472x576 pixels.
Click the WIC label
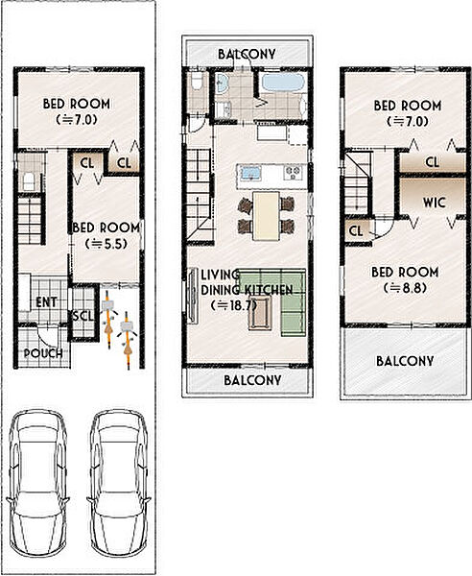point(435,203)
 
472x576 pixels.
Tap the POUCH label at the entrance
point(43,353)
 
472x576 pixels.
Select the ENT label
point(46,302)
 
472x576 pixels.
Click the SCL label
point(83,316)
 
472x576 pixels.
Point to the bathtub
point(283,82)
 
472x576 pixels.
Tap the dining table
point(267,216)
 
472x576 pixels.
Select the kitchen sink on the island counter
point(250,173)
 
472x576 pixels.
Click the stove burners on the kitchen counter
point(294,172)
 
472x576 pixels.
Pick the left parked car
point(37,484)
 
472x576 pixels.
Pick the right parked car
point(119,484)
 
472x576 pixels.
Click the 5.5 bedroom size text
point(106,244)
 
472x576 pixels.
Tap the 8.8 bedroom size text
point(405,288)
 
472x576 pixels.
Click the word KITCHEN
point(269,290)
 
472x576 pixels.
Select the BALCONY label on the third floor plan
point(405,361)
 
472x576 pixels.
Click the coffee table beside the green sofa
point(260,313)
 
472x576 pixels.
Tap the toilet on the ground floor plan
point(29,181)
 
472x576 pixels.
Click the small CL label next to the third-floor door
point(356,231)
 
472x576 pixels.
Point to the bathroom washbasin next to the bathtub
point(221,83)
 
